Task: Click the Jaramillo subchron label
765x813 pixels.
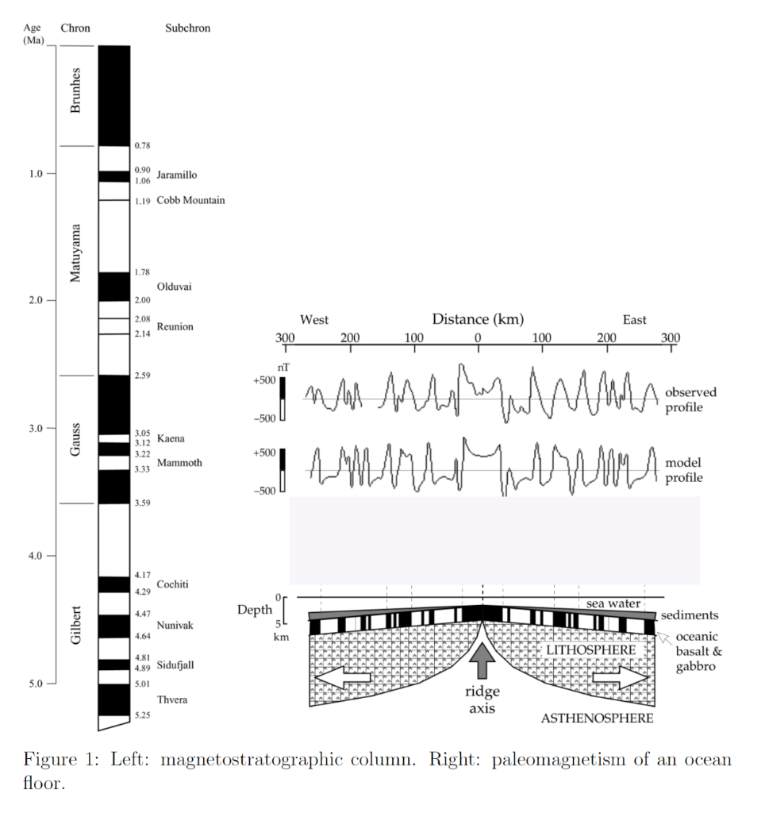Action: tap(177, 175)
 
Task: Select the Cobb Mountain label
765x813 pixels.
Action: tap(190, 200)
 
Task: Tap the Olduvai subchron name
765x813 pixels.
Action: tap(174, 287)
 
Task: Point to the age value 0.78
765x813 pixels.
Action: tap(143, 146)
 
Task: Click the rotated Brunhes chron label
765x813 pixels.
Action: tap(75, 91)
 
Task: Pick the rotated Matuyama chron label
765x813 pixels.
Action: tap(75, 253)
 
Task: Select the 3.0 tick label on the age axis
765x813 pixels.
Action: tap(35, 428)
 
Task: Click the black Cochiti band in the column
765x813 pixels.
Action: tap(114, 584)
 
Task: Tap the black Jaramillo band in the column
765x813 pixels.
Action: tap(114, 176)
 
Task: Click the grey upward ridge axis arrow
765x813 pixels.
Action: tap(482, 660)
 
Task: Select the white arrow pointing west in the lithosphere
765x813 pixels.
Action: tap(343, 677)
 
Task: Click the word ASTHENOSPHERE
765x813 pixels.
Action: tap(597, 718)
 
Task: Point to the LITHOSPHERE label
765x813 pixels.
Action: tap(591, 650)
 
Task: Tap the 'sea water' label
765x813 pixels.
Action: tap(613, 603)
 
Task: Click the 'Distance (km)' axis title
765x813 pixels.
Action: tap(478, 319)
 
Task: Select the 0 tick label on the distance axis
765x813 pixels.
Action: tap(478, 338)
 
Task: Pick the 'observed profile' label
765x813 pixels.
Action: tap(691, 400)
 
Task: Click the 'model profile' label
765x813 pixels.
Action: tap(684, 470)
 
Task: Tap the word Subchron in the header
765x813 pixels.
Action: tap(187, 28)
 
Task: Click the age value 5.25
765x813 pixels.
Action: tap(143, 715)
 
